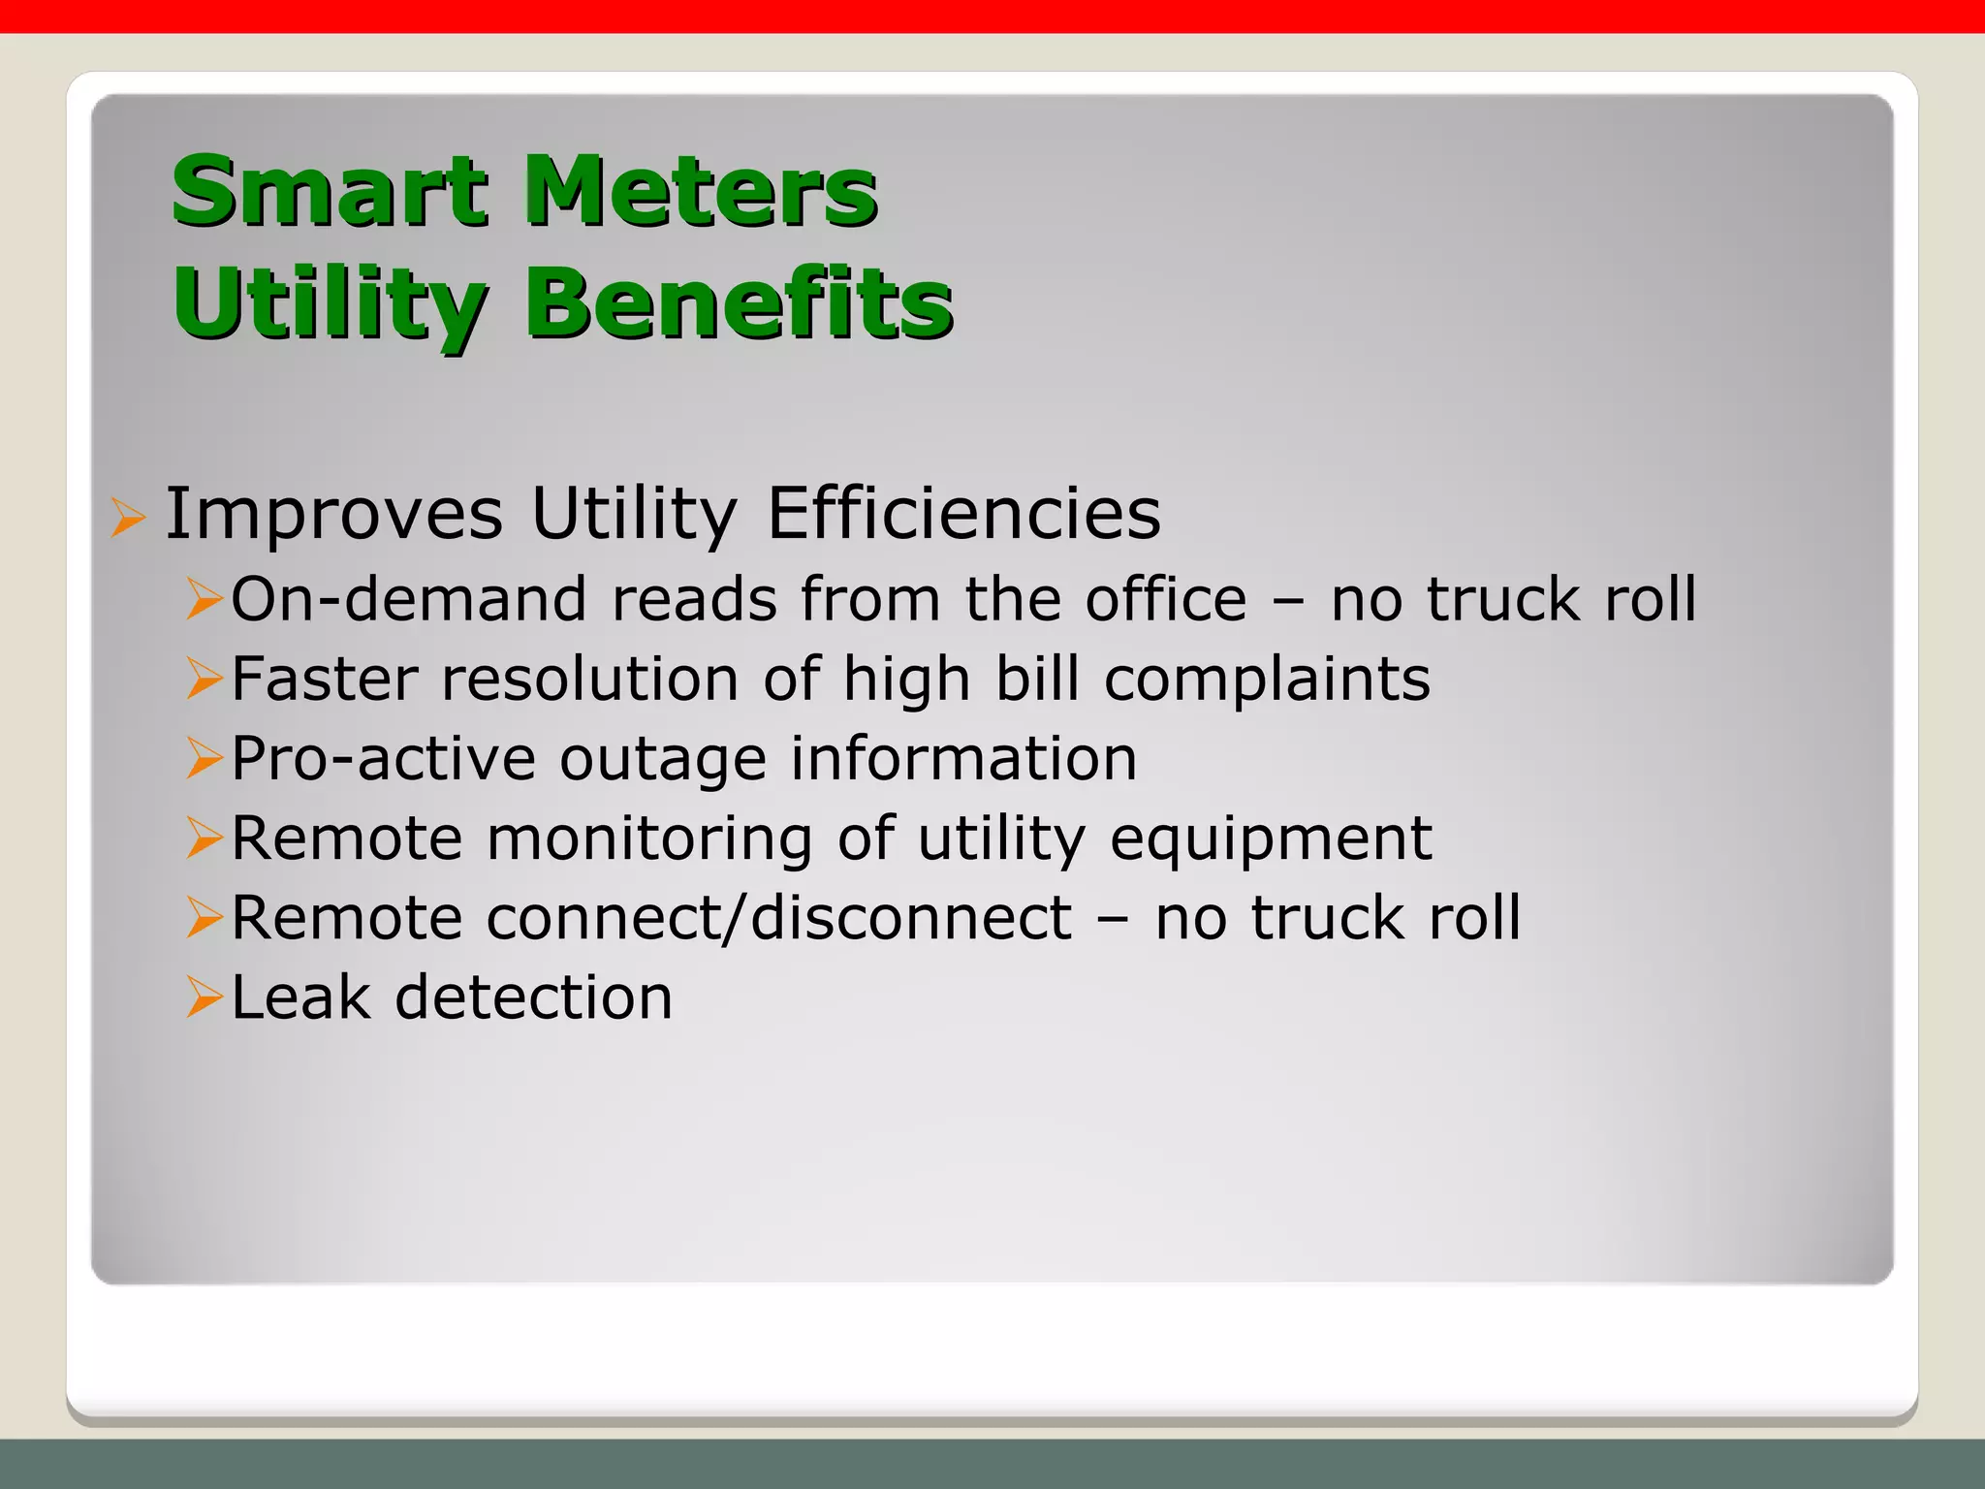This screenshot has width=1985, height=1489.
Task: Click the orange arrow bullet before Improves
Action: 127,517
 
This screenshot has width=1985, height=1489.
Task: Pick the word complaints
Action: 1267,679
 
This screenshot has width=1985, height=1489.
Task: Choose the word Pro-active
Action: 383,758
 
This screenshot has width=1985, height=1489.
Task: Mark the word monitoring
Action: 649,840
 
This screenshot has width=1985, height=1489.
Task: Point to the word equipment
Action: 1271,840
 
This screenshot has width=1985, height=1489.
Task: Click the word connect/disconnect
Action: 779,917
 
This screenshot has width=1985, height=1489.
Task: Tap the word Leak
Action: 300,997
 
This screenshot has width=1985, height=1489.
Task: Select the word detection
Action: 533,997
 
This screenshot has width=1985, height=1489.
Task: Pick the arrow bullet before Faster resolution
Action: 205,679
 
